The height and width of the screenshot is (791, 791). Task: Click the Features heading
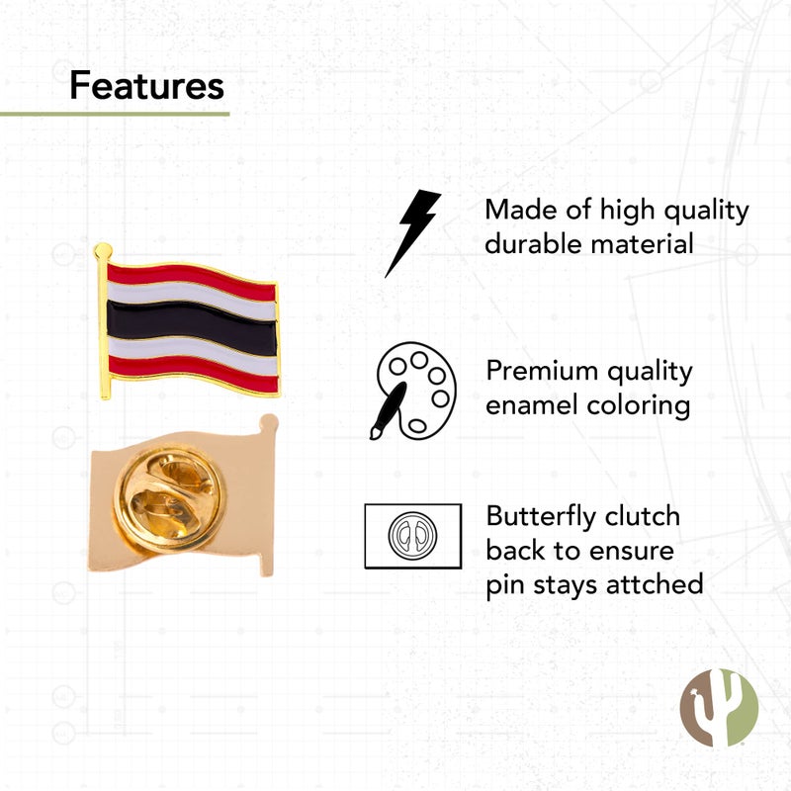pyautogui.click(x=146, y=86)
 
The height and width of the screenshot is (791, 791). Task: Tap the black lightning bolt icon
pyautogui.click(x=412, y=232)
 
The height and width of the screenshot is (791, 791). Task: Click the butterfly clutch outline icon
pyautogui.click(x=412, y=535)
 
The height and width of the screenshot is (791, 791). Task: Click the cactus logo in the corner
pyautogui.click(x=719, y=708)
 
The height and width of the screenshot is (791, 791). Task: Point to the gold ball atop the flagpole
pyautogui.click(x=102, y=250)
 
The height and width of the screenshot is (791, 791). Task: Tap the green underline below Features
pyautogui.click(x=114, y=114)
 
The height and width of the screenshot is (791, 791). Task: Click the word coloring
pyautogui.click(x=644, y=405)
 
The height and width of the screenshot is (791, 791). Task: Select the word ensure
pyautogui.click(x=625, y=551)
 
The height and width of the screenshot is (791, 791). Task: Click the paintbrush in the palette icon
pyautogui.click(x=387, y=411)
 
